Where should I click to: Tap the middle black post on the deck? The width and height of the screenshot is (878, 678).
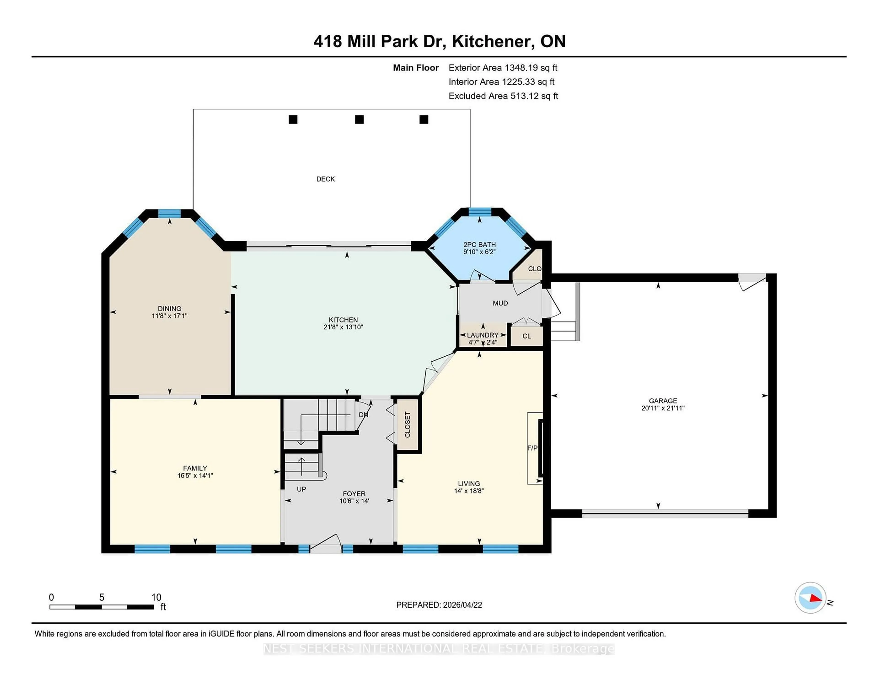coord(359,119)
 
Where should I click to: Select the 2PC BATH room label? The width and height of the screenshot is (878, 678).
coord(479,244)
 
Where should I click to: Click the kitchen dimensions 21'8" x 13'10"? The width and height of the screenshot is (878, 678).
coord(343,327)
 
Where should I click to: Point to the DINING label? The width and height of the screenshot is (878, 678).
coord(169,309)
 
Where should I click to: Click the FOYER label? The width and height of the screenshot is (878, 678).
coord(354,494)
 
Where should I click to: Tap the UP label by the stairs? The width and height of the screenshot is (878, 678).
coord(301,489)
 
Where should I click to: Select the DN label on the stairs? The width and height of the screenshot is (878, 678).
coord(363,415)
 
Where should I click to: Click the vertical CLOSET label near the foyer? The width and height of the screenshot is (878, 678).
coord(407,425)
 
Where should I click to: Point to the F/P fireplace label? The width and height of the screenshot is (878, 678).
coord(532,448)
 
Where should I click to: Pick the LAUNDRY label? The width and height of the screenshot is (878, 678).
coord(482,335)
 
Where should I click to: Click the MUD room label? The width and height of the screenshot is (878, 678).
coord(500,303)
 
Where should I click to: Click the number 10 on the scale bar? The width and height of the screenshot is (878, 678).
coord(156,597)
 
